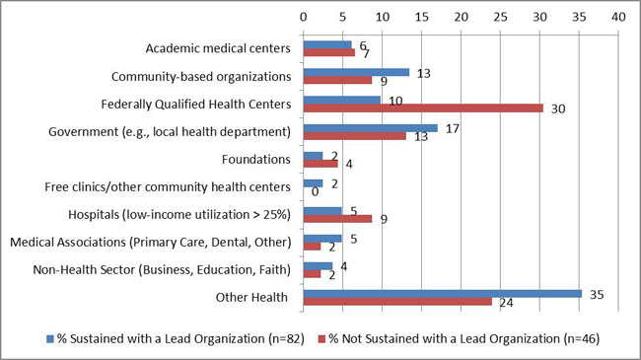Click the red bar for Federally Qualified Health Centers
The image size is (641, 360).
pos(423,108)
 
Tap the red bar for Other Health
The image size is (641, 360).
pos(397,301)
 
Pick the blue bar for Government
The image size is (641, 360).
pos(370,127)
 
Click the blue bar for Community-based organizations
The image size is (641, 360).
pos(355,71)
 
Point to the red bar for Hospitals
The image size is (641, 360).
pos(337,218)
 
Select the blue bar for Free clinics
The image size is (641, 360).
pos(313,182)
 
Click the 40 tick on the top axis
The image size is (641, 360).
pos(618,17)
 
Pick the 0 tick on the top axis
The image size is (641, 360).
pos(304,17)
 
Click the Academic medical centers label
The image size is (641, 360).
pos(217,47)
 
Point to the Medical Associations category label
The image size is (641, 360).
pos(150,242)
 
